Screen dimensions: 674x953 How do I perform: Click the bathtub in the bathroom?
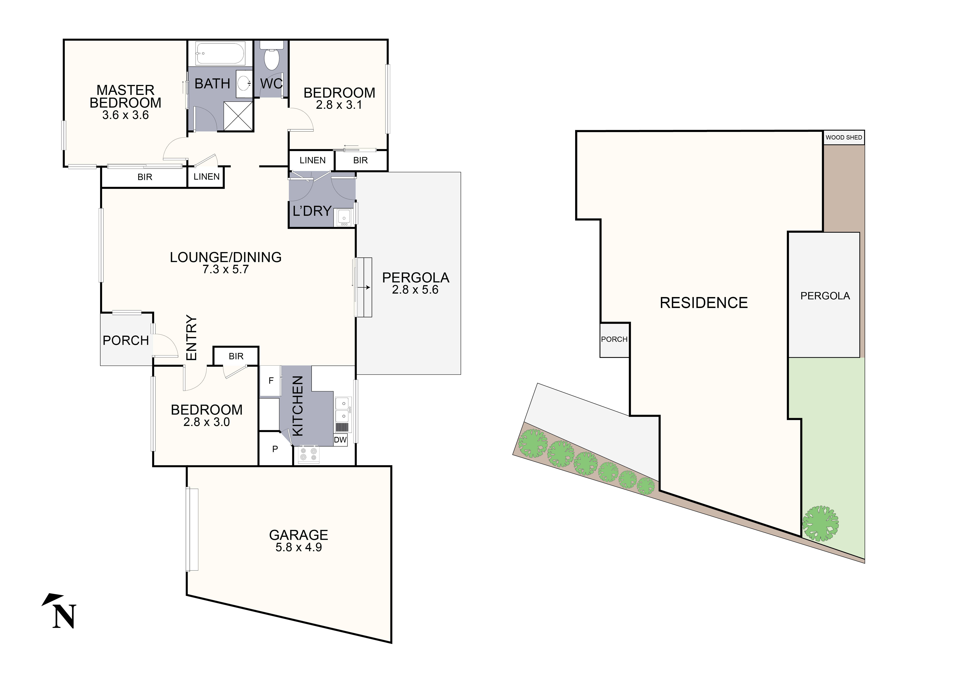coord(220,53)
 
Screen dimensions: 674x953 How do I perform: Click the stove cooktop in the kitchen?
coord(308,454)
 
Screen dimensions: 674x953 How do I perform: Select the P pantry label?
coord(275,449)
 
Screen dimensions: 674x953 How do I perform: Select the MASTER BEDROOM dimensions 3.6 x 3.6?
coord(125,115)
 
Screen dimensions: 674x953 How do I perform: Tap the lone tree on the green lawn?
coord(820,523)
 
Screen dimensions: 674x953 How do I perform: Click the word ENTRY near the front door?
coord(191,337)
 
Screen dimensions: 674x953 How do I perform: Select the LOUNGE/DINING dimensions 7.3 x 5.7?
coord(225,269)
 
